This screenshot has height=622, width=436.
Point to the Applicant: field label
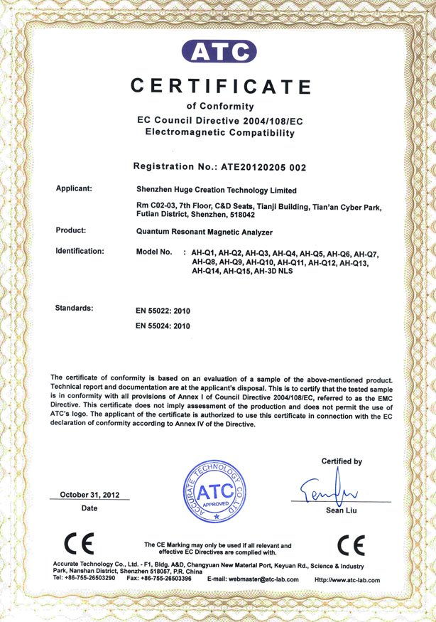point(75,189)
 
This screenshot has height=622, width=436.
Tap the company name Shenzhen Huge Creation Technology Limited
point(216,190)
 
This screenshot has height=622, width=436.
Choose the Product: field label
point(71,230)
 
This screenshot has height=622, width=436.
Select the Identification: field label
point(80,251)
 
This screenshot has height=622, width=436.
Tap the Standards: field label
point(74,308)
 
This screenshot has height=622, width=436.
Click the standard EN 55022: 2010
point(163,311)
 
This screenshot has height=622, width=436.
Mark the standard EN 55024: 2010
point(163,326)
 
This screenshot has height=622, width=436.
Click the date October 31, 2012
point(89,494)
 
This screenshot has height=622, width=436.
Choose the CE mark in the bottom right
point(351,545)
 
